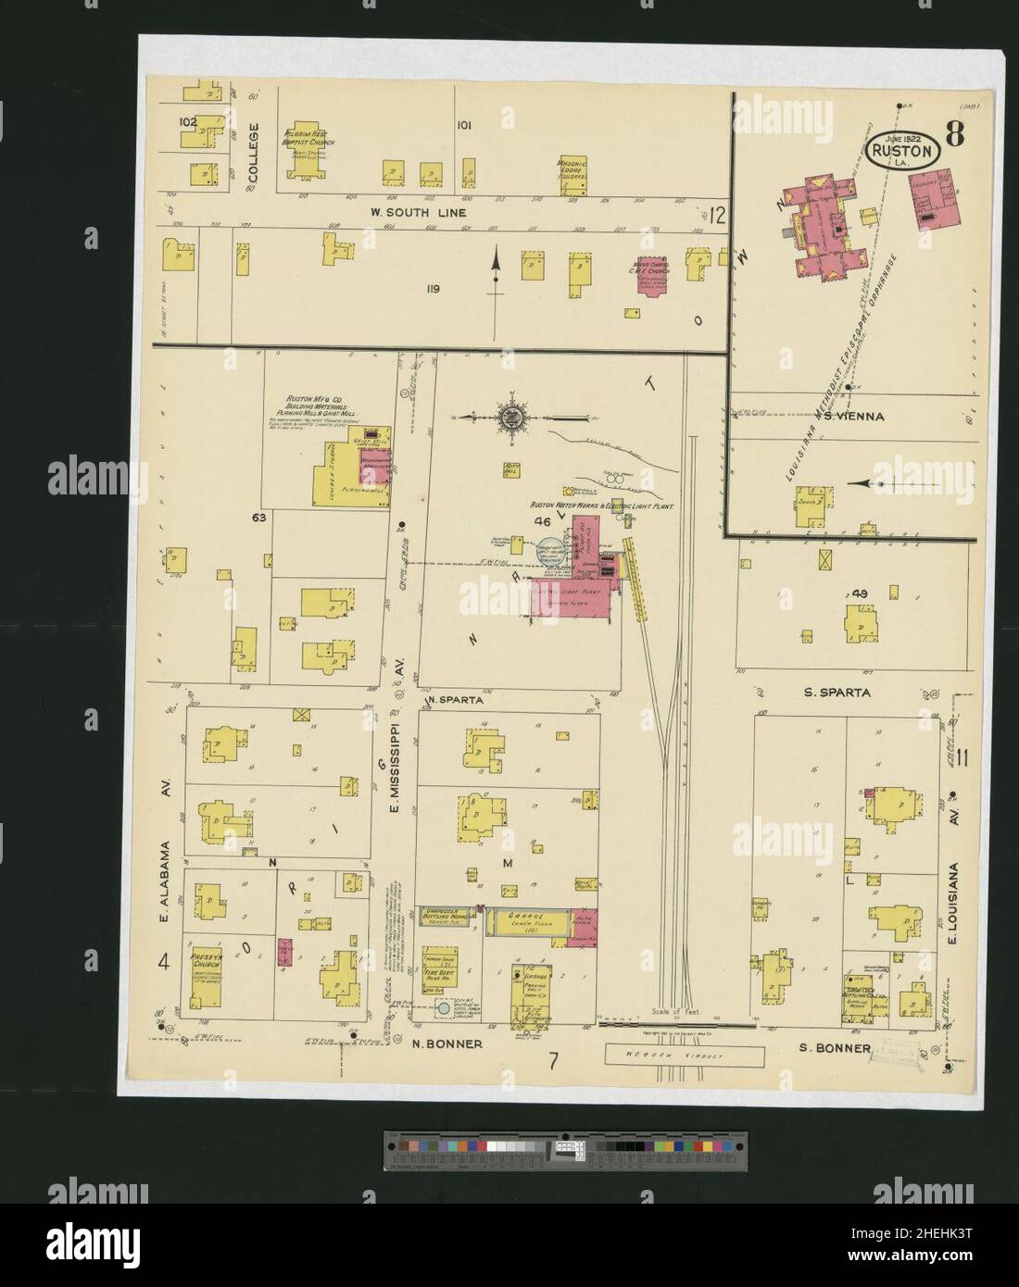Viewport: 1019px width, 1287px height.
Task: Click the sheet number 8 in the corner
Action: click(954, 136)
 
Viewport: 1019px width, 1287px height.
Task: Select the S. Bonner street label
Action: click(836, 1049)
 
